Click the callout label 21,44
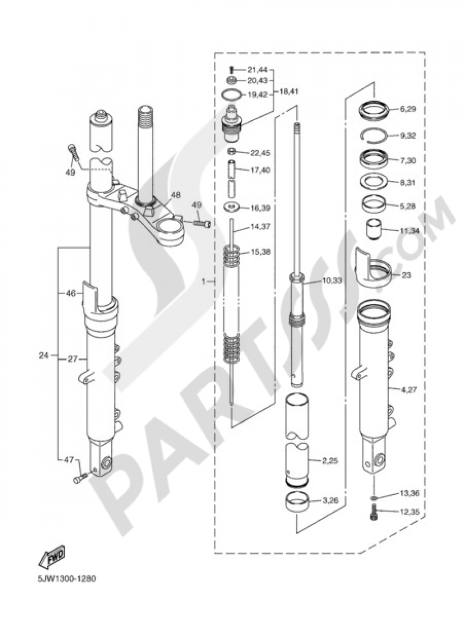257,70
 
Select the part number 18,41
288,92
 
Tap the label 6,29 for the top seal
408,109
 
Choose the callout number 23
406,275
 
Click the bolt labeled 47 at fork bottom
80,479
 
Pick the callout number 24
44,356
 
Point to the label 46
70,293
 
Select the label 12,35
409,511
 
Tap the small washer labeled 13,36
374,497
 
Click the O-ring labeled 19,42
232,95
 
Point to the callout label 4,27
408,390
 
